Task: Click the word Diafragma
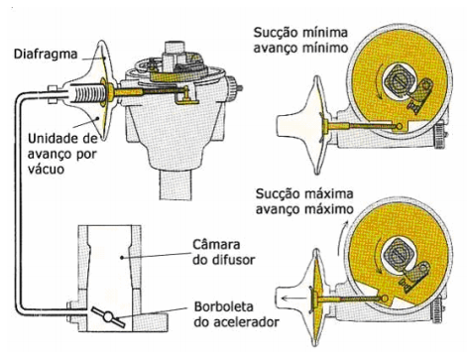(x=46, y=54)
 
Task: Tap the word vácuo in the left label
(x=47, y=170)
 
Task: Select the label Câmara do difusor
(x=224, y=252)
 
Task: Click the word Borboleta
(x=224, y=306)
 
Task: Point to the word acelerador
(x=236, y=321)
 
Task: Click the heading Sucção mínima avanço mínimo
(x=300, y=41)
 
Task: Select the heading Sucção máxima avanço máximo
(x=304, y=201)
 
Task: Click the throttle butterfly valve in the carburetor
(x=108, y=317)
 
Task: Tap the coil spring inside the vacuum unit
(x=87, y=92)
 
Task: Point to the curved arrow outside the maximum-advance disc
(x=341, y=238)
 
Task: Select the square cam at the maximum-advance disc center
(x=399, y=254)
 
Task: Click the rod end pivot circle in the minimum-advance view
(x=400, y=126)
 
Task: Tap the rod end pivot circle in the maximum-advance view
(x=385, y=299)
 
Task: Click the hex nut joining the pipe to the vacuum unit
(x=54, y=94)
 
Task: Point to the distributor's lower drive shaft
(x=175, y=185)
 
